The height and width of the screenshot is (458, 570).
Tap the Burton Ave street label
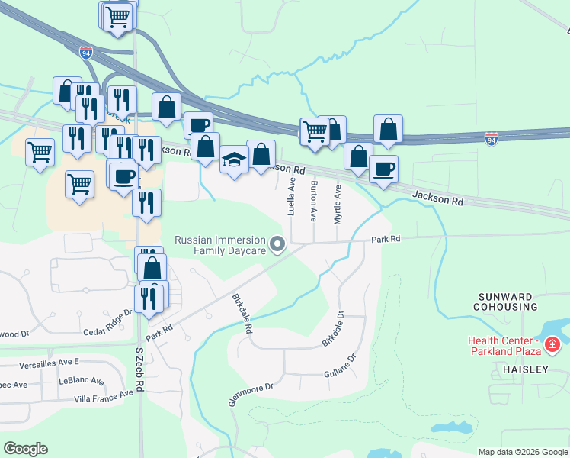(314, 202)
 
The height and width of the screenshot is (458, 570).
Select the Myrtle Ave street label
(338, 203)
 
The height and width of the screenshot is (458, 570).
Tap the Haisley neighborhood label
(525, 369)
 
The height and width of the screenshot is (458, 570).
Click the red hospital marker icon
(553, 346)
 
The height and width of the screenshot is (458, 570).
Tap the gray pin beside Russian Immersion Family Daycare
(278, 245)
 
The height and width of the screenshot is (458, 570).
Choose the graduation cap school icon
(235, 160)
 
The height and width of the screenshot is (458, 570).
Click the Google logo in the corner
(25, 449)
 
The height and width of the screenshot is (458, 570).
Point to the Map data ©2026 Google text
(522, 452)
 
